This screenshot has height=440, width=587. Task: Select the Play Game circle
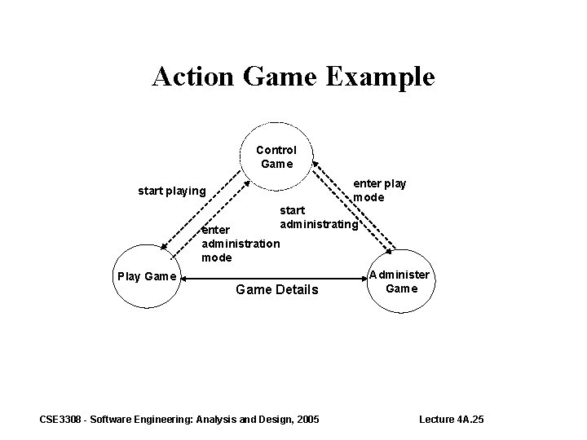(x=147, y=275)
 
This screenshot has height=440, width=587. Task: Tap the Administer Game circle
(x=400, y=280)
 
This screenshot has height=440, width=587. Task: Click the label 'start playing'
(x=171, y=191)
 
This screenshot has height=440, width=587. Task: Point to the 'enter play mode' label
(x=378, y=191)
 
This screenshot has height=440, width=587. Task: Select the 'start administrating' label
(x=318, y=218)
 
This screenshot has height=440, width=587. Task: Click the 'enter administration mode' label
(x=240, y=244)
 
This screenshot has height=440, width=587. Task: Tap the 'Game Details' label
(x=276, y=289)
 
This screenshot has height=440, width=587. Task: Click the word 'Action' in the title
(x=192, y=77)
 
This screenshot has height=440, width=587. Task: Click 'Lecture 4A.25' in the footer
(x=451, y=419)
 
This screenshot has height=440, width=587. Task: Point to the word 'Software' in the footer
(x=119, y=419)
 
